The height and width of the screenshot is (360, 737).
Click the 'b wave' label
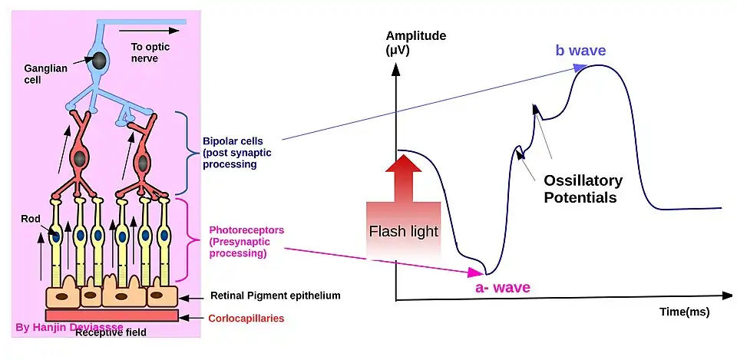coord(580,51)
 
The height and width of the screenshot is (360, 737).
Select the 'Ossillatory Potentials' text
coord(583,190)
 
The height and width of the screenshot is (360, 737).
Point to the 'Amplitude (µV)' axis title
coord(415,44)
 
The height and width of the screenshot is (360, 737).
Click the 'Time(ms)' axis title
coord(684,312)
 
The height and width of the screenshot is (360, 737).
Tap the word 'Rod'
coord(30,218)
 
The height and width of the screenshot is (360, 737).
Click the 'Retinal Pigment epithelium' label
coord(275,296)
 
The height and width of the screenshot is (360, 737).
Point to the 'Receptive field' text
coord(111,332)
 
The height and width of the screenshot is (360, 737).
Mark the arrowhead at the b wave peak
coord(582,67)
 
